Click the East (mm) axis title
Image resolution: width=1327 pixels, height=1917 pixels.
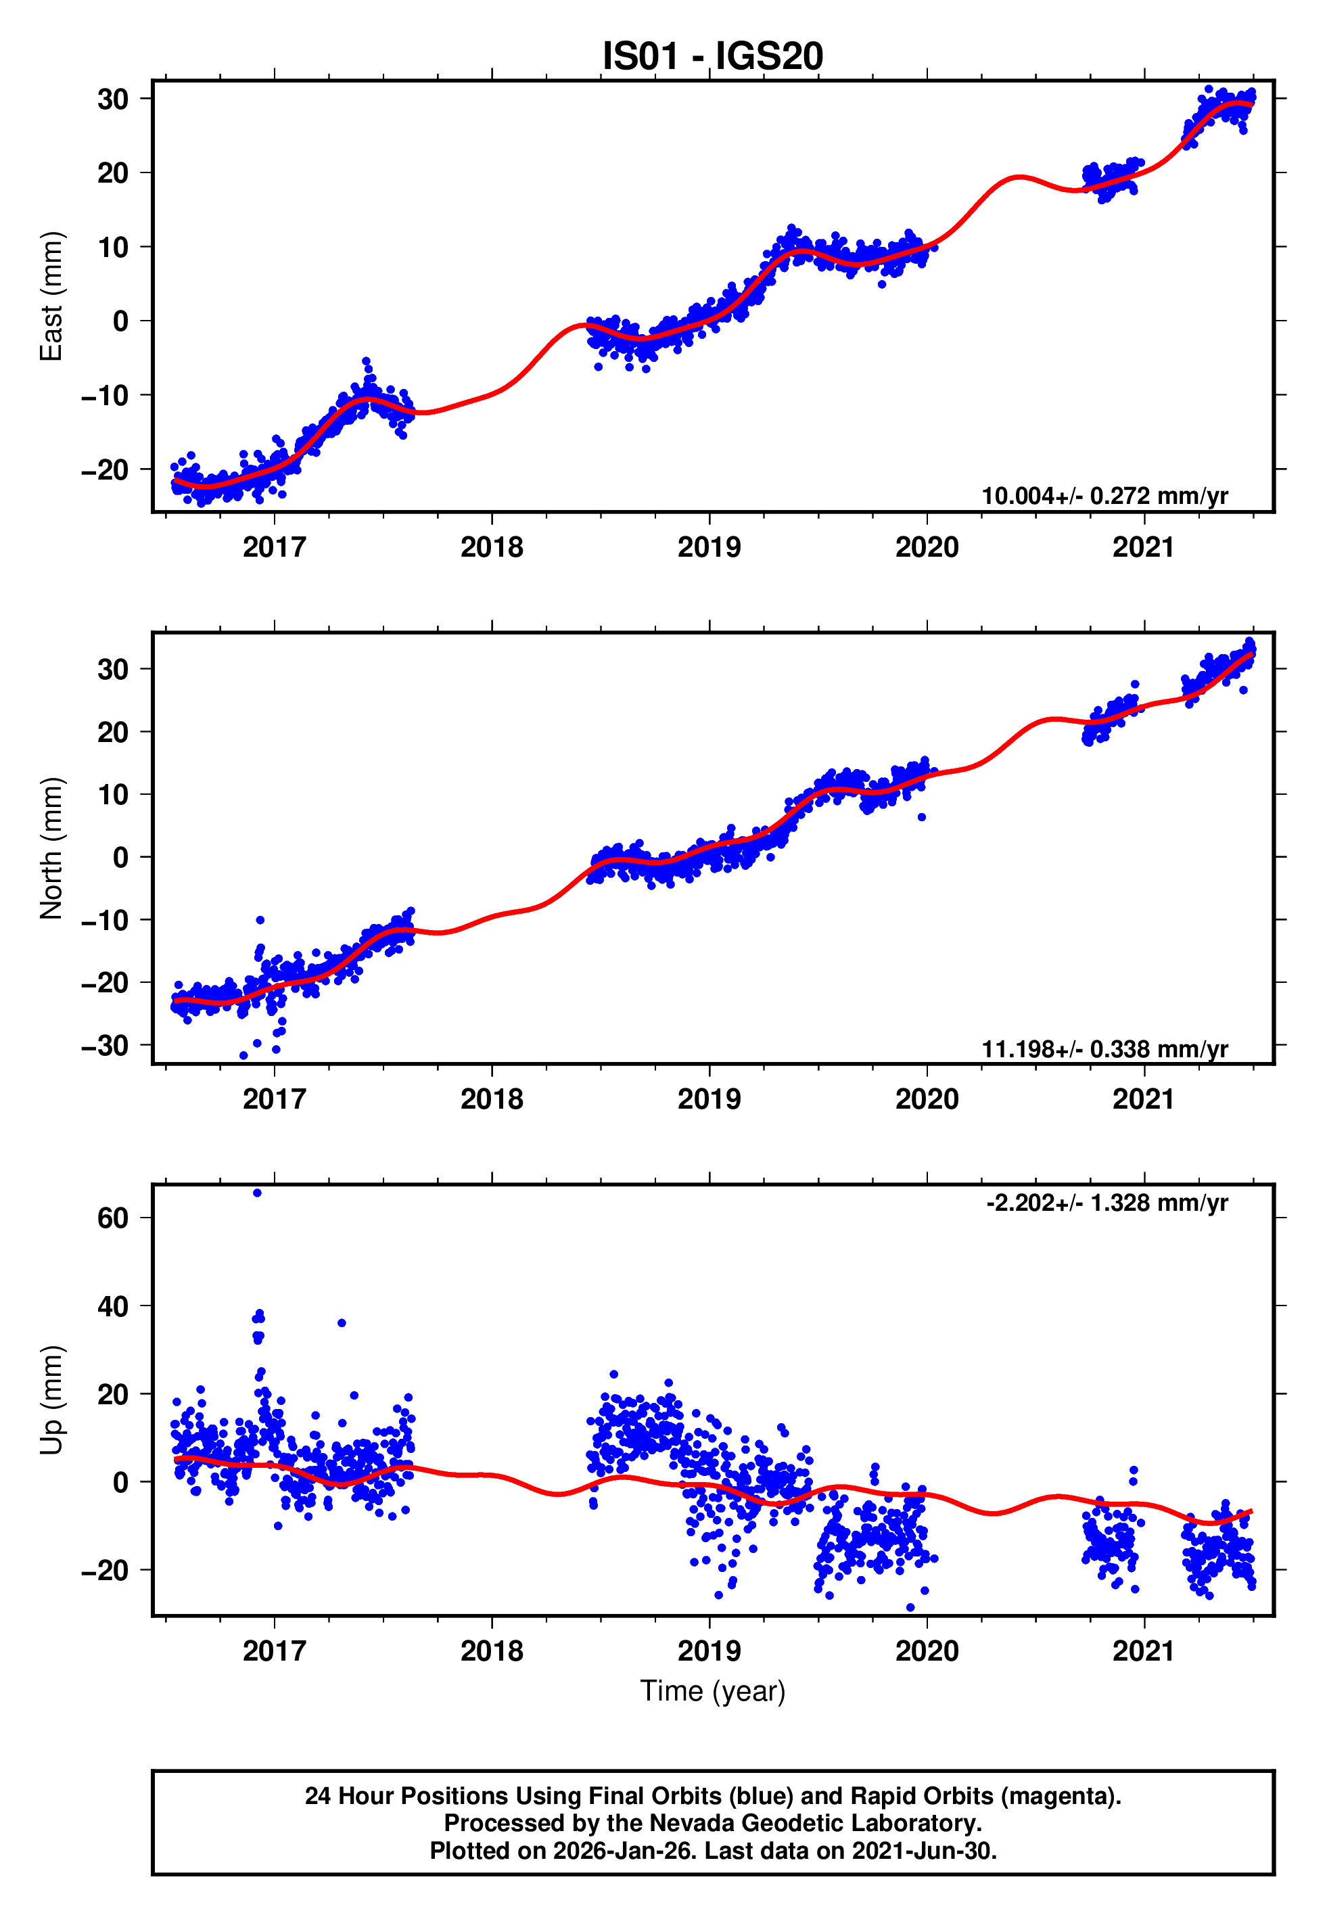click(x=51, y=296)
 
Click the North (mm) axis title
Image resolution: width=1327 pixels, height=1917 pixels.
click(x=51, y=848)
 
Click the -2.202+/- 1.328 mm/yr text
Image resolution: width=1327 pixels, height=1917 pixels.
click(x=1106, y=1203)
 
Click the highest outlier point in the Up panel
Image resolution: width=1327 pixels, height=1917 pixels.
click(x=257, y=1193)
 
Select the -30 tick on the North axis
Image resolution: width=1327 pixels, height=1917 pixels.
click(x=105, y=1045)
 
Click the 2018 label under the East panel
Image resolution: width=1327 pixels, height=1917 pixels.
click(x=492, y=547)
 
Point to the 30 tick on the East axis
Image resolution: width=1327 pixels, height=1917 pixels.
click(x=113, y=99)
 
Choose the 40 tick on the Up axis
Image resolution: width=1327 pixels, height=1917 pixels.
click(x=113, y=1306)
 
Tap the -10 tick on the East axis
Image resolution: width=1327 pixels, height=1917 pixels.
click(x=105, y=396)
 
